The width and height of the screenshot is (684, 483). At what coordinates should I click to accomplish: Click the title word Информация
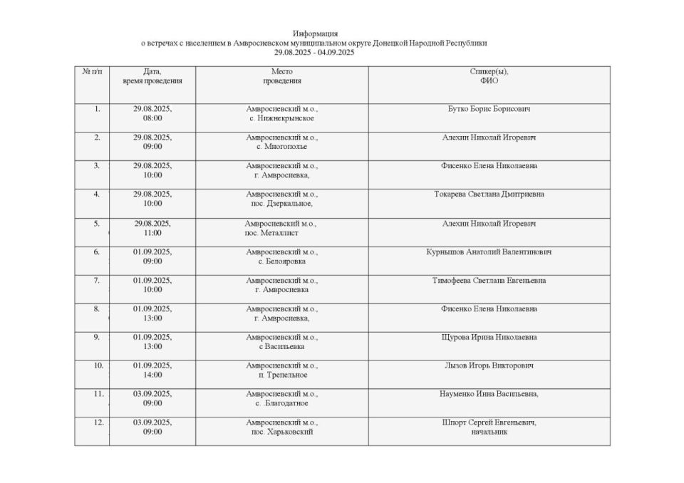click(315, 33)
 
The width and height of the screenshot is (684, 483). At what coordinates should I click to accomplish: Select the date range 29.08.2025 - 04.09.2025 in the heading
click(314, 52)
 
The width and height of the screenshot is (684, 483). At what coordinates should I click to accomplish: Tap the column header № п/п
click(92, 72)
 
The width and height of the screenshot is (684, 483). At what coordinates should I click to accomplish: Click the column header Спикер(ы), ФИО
click(489, 76)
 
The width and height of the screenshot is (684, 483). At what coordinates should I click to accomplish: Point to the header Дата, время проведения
click(152, 76)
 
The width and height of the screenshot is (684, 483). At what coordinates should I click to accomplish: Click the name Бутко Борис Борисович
click(489, 109)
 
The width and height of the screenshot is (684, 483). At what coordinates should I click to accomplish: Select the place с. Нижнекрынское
click(281, 118)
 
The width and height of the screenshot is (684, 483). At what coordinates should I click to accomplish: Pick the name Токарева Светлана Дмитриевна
click(489, 194)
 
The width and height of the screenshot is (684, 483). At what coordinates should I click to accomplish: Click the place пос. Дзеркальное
click(281, 204)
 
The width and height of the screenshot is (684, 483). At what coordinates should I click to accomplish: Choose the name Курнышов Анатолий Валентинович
click(489, 251)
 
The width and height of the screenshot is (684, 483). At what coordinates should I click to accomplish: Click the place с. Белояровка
click(281, 261)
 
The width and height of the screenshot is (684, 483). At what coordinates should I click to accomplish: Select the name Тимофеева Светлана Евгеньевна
click(489, 280)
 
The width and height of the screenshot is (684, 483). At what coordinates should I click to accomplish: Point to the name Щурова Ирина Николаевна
click(489, 337)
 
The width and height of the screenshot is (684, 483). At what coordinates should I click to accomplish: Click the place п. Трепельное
click(282, 375)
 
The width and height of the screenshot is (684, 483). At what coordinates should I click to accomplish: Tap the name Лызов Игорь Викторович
click(489, 365)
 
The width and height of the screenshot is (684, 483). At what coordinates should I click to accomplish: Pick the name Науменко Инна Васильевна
click(489, 394)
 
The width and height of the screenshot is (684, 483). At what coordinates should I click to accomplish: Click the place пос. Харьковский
click(281, 432)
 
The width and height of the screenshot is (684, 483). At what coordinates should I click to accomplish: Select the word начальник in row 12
click(489, 432)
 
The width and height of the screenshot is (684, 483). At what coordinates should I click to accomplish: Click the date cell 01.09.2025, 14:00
click(152, 370)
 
